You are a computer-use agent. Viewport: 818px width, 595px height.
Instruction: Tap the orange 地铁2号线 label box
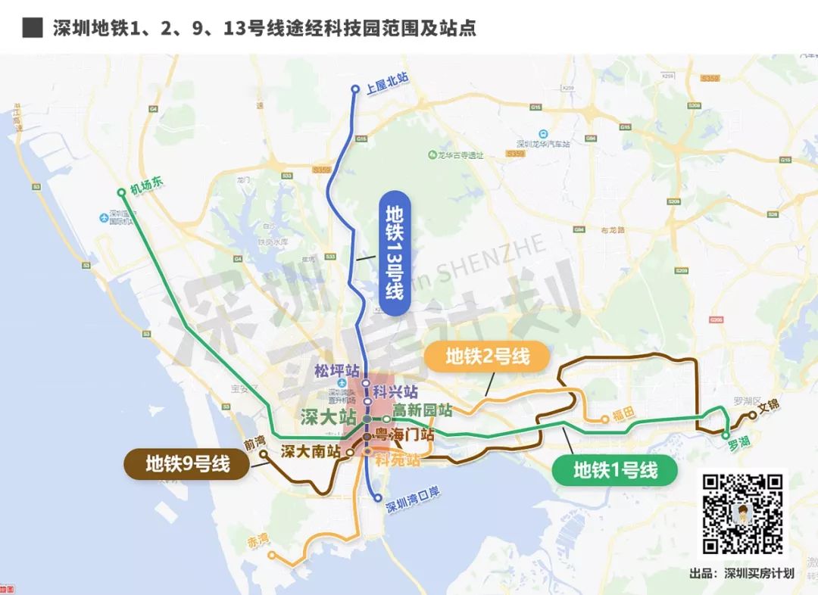[x=487, y=356]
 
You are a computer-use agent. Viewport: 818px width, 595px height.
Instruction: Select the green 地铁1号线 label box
[x=614, y=470]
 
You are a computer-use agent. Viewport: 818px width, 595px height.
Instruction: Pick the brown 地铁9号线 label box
[x=187, y=463]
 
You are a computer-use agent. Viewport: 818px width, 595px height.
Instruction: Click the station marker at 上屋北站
[x=354, y=90]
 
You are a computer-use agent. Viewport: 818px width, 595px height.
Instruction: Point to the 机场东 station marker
[x=120, y=192]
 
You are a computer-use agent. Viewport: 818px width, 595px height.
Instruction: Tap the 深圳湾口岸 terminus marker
[x=377, y=497]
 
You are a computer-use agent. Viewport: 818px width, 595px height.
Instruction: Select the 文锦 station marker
[x=752, y=415]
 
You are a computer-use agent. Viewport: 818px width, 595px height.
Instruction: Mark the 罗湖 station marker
[x=726, y=435]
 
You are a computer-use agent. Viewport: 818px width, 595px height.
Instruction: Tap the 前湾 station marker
[x=264, y=454]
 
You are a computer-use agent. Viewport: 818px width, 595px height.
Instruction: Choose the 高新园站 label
[x=422, y=410]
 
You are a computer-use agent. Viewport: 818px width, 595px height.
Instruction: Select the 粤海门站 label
[x=404, y=435]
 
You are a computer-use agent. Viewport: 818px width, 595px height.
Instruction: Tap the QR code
[x=742, y=512]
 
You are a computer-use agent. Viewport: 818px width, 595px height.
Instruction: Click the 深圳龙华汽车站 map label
[x=542, y=142]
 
